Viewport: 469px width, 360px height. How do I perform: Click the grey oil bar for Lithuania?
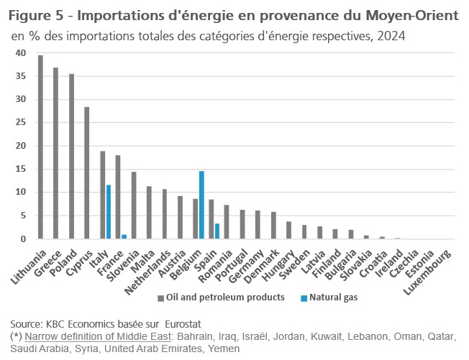[40, 147]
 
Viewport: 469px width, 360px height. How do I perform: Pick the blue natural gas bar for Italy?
[108, 212]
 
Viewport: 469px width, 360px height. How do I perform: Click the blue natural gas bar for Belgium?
[201, 205]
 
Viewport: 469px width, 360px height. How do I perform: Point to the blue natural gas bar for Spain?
[217, 231]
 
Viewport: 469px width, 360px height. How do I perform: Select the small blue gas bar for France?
[124, 236]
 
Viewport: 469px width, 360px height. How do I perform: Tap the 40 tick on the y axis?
[20, 53]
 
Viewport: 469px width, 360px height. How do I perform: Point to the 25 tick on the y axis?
[20, 123]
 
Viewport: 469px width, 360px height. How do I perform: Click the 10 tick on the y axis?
[20, 193]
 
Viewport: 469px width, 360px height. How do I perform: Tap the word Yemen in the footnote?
[220, 348]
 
